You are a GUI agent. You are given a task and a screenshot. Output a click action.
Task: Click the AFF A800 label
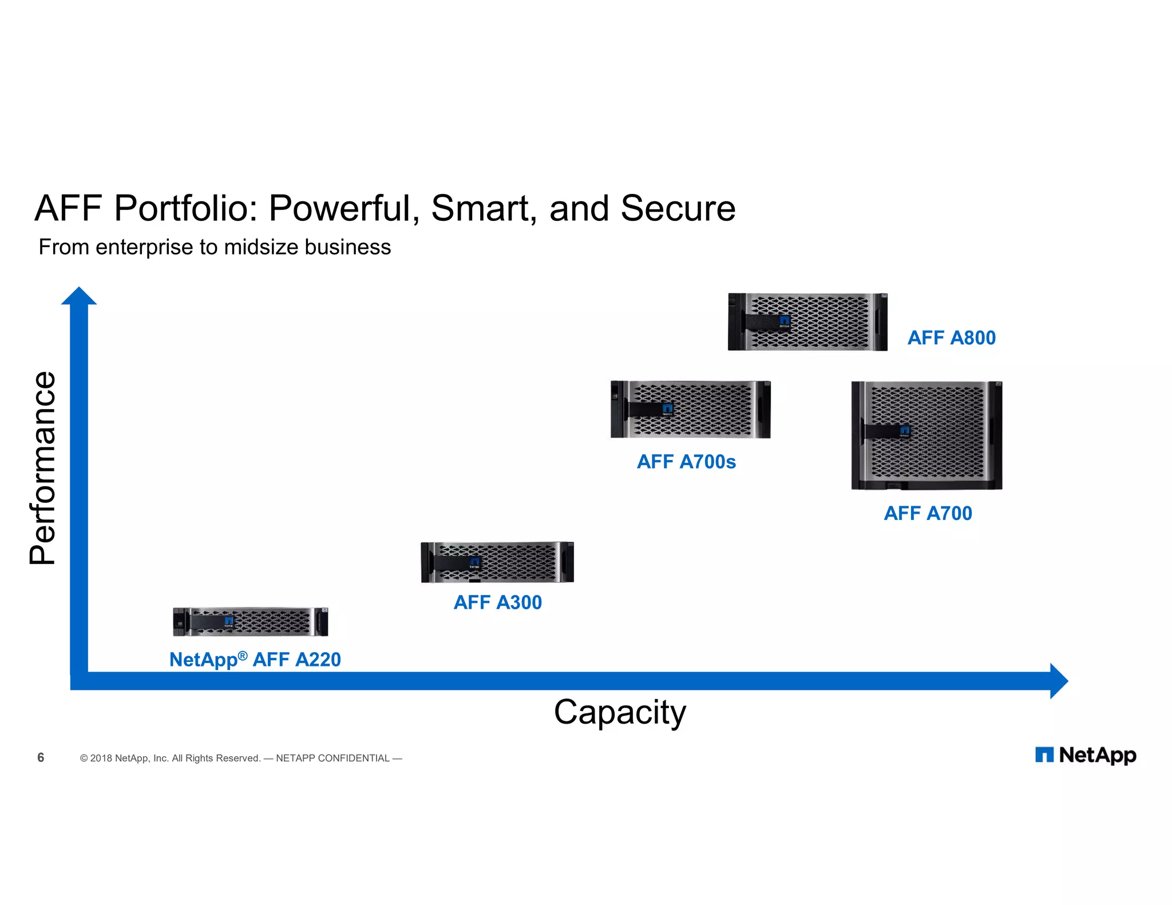(x=951, y=338)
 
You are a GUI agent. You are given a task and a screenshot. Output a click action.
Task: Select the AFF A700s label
(x=686, y=462)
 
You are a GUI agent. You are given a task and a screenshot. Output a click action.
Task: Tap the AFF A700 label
(x=928, y=513)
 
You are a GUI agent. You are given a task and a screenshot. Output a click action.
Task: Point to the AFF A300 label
(x=497, y=602)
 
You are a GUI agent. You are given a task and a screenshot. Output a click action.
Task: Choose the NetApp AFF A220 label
(x=255, y=660)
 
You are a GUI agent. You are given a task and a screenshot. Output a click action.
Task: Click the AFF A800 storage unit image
(x=807, y=322)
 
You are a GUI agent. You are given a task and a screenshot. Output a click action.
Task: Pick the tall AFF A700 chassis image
(x=926, y=435)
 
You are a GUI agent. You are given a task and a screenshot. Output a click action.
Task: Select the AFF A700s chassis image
(x=690, y=410)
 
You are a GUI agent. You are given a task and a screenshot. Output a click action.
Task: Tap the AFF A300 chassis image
(x=497, y=562)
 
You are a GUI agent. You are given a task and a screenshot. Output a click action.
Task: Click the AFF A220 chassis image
(x=251, y=622)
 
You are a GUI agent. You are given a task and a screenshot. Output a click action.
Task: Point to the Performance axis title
(x=43, y=468)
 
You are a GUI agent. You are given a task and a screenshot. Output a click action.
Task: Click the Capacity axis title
(x=620, y=713)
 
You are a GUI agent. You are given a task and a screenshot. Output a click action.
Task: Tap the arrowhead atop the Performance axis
(x=79, y=296)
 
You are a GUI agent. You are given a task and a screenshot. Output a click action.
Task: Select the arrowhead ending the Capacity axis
(x=1059, y=681)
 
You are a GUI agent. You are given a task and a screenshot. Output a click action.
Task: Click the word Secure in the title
(x=678, y=208)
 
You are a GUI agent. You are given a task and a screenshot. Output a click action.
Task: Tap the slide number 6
(x=41, y=757)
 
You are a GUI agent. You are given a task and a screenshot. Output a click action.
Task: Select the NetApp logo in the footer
(x=1085, y=755)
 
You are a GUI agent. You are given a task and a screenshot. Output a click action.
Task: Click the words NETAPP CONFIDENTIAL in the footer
(x=332, y=758)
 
